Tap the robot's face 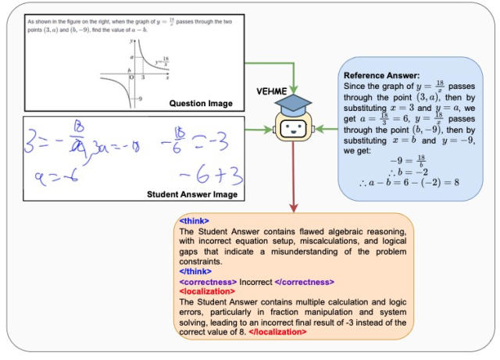coord(294,130)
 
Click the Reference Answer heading coord(377,75)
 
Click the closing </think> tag coord(195,271)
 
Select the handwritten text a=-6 coord(54,178)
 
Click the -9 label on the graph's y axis coord(138,99)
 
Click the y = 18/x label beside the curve coord(162,62)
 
